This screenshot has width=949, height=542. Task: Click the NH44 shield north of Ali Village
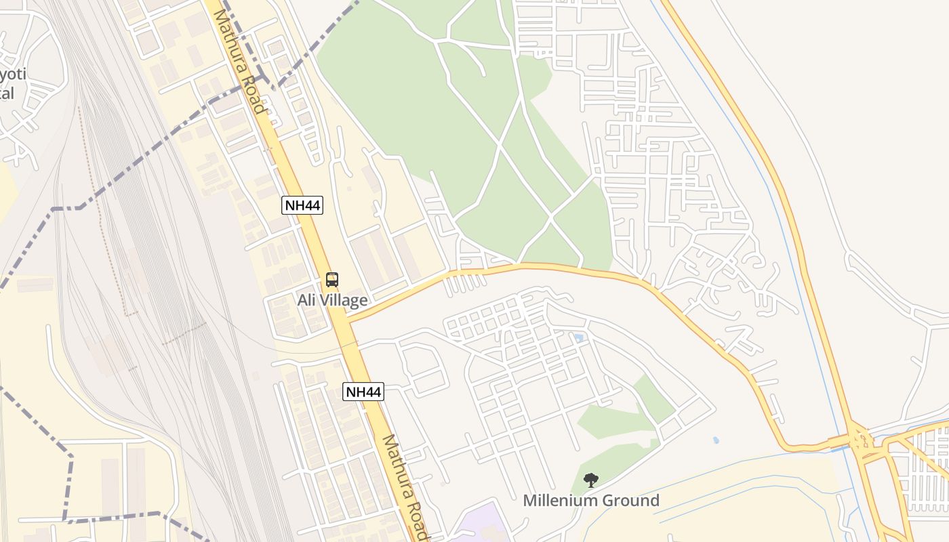[x=302, y=205]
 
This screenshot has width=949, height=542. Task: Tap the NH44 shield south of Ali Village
[x=363, y=391]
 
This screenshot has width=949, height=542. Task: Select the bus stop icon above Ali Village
[x=332, y=279]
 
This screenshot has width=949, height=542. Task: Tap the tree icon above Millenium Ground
[x=591, y=480]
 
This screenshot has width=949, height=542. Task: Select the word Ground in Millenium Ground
[x=632, y=501]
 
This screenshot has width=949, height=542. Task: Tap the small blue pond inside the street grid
[x=578, y=337]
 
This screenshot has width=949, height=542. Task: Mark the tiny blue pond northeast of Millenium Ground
[x=716, y=440]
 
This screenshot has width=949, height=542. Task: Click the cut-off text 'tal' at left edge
[x=7, y=93]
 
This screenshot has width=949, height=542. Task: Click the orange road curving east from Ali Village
[x=542, y=267]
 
